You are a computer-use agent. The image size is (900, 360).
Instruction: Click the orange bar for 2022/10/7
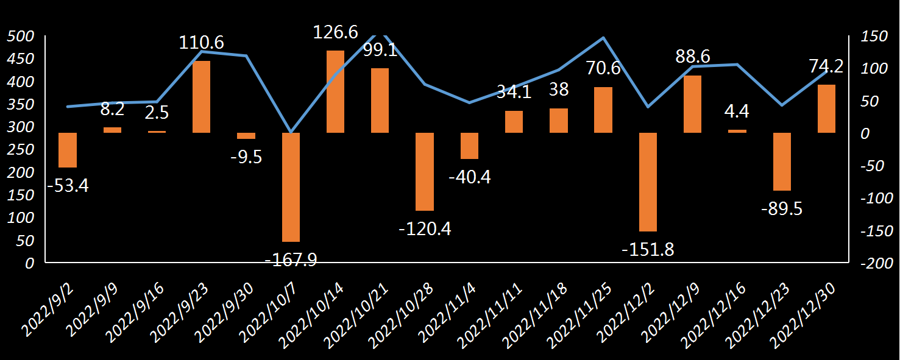[x=291, y=187]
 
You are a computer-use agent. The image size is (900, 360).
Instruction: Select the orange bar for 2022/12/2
[x=648, y=182]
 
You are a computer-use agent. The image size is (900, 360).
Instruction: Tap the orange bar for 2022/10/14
[x=336, y=91]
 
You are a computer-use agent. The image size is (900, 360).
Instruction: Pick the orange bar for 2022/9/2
[x=68, y=150]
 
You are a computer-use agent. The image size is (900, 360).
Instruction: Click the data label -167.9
[x=291, y=259]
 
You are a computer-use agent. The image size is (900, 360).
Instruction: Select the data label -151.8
[x=648, y=249]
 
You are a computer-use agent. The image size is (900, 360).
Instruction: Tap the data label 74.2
[x=826, y=66]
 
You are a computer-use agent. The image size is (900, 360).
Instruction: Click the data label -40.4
[x=469, y=177]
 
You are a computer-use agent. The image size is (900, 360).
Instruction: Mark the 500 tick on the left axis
[x=22, y=37]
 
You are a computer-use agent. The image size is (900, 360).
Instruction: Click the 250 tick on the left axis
[x=22, y=150]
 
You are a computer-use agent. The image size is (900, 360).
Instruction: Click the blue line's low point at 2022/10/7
[x=291, y=132]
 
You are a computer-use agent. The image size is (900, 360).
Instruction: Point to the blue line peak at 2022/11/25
[x=603, y=38]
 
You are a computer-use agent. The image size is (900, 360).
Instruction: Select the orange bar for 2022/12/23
[x=782, y=161]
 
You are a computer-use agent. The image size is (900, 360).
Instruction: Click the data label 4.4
[x=737, y=111]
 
